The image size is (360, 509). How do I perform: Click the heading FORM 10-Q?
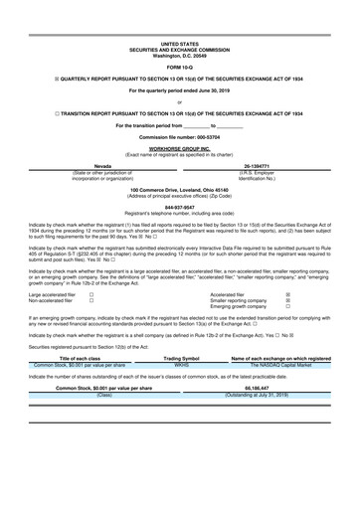pyautogui.click(x=180, y=66)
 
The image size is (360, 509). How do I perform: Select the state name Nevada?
pyautogui.click(x=102, y=167)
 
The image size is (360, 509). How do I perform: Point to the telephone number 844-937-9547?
pyautogui.click(x=180, y=208)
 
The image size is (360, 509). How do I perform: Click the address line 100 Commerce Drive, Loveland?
pyautogui.click(x=180, y=190)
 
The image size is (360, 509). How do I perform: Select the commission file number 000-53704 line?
pyautogui.click(x=180, y=135)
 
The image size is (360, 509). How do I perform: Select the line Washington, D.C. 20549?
pyautogui.click(x=180, y=55)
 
